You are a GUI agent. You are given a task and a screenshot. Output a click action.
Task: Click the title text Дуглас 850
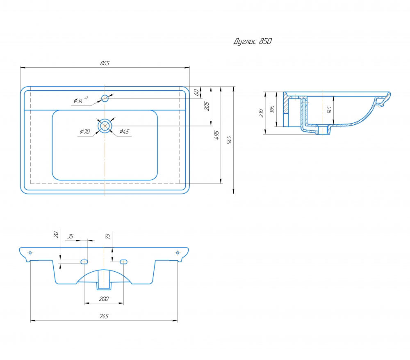[x=253, y=41]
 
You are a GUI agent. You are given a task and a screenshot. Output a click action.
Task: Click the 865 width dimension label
[x=105, y=63]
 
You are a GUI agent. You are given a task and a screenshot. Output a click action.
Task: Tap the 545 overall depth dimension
[x=229, y=140]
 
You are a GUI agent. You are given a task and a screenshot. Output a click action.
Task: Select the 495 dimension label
[x=216, y=135]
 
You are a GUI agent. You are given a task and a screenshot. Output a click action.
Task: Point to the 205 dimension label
[x=207, y=106]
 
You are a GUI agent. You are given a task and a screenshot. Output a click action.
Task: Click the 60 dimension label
[x=196, y=92]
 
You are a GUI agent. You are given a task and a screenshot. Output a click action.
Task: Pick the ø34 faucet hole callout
[x=81, y=100]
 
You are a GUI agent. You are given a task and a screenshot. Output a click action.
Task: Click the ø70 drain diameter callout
[x=85, y=131]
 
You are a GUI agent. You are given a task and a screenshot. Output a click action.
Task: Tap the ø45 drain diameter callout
[x=124, y=131]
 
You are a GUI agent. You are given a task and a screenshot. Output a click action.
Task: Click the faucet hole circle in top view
[x=105, y=99]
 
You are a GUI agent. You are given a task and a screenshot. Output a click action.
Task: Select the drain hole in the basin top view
[x=105, y=126]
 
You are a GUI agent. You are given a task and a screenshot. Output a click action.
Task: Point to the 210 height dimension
[x=261, y=112]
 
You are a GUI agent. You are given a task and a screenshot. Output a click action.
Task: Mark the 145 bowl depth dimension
[x=329, y=110]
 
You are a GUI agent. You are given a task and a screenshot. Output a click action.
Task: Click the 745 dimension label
[x=104, y=316]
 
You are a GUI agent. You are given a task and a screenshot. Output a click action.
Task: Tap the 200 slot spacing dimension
[x=104, y=299]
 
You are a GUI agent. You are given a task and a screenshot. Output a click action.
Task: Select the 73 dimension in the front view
[x=108, y=236]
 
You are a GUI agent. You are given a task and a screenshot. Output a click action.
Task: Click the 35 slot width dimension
[x=71, y=236]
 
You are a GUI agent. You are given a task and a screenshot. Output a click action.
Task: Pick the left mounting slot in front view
[x=84, y=262]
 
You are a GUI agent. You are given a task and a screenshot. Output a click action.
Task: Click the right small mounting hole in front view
[x=178, y=252]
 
